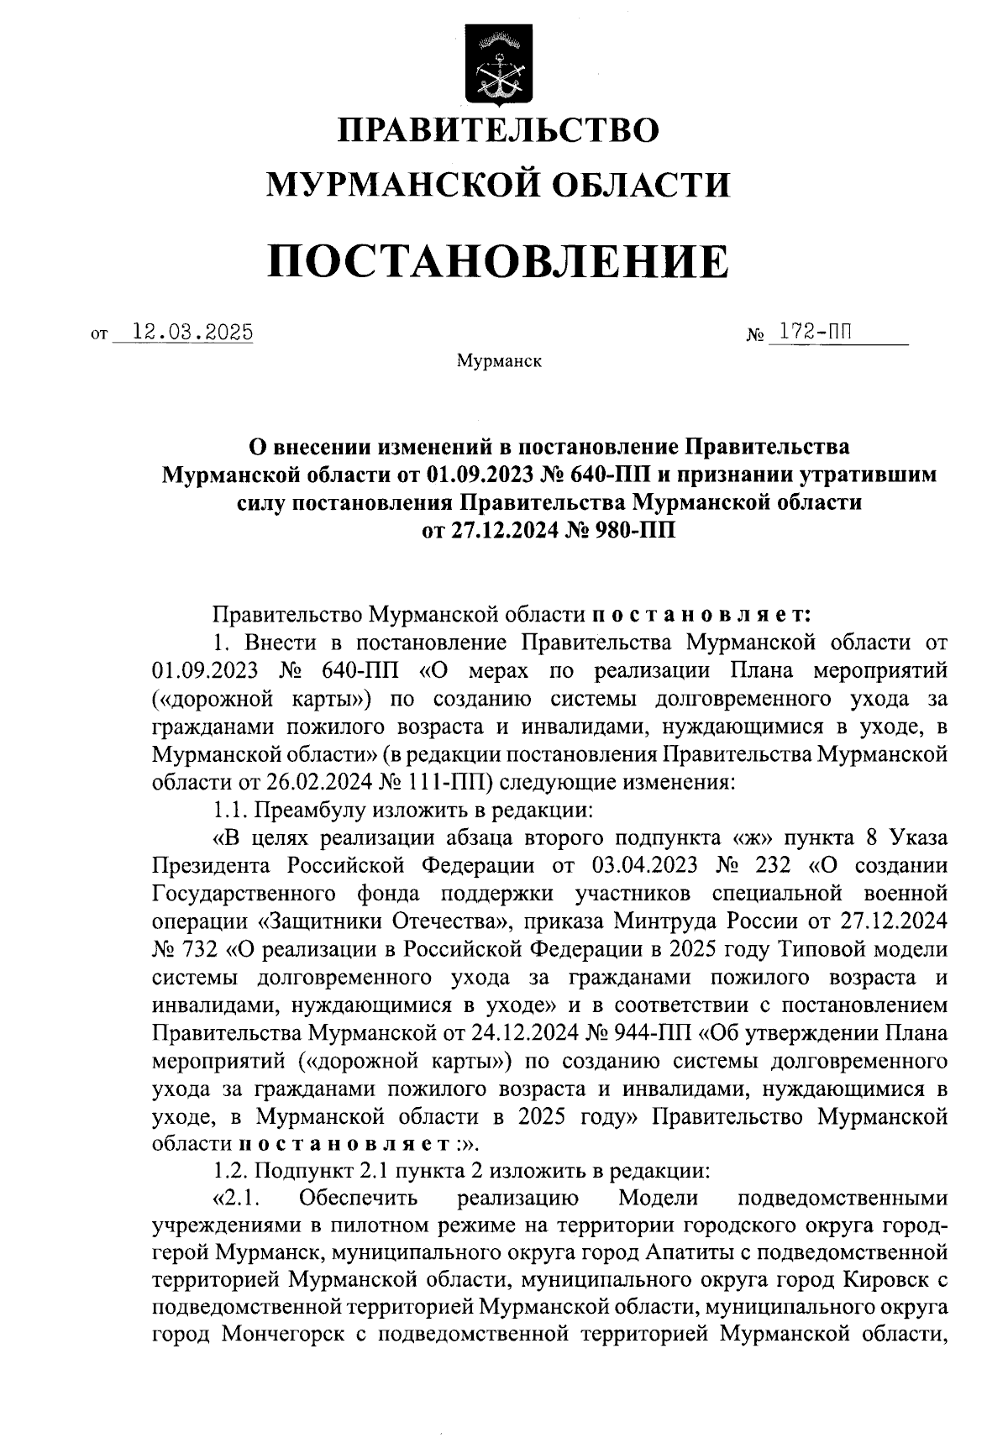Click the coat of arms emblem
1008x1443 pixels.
(x=497, y=65)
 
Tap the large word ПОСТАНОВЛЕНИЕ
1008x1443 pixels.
(x=498, y=261)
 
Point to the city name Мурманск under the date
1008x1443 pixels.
(x=499, y=362)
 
